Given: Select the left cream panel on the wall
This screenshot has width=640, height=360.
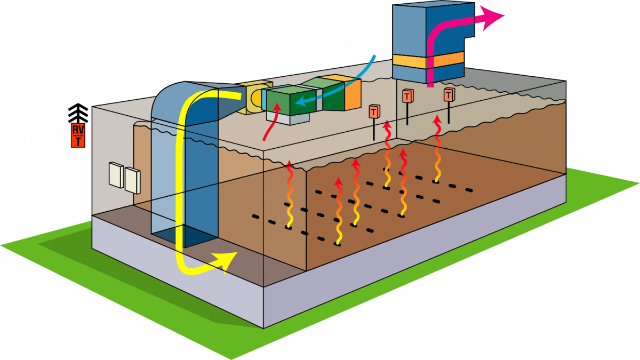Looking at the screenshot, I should click(x=115, y=174).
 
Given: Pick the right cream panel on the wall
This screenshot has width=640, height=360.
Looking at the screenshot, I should click(x=131, y=179).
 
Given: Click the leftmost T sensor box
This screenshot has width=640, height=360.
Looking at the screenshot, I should click(x=374, y=112).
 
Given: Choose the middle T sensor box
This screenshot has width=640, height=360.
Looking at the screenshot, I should click(x=408, y=97).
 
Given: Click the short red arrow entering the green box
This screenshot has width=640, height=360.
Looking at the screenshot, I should click(x=271, y=123).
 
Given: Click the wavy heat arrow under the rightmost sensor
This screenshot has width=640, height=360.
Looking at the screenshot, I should click(x=437, y=149).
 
